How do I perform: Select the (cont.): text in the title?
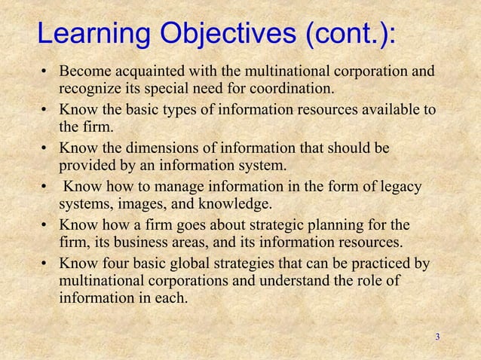344,34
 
